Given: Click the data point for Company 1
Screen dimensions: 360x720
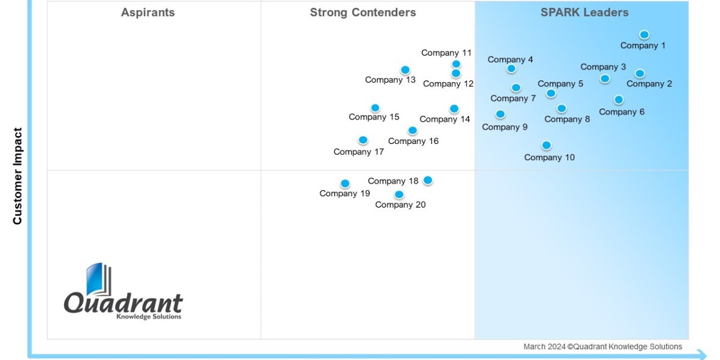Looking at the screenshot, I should pos(644,35).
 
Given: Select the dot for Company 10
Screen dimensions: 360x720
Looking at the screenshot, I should pos(546,145).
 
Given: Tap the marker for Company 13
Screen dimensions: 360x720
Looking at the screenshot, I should pos(405,70).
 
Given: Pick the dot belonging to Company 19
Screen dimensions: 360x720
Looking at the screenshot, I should pos(345,184).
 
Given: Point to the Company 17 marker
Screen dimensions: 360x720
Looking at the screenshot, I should pos(363,140).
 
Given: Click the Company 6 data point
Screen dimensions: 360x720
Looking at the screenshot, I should pos(619,100).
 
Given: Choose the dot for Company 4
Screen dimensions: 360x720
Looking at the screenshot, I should pos(511,69).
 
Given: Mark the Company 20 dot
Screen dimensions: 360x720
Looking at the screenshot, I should pos(399,194).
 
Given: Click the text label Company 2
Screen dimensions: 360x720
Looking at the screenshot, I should pos(649,84).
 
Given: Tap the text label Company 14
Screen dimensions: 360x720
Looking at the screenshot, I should pos(445,119).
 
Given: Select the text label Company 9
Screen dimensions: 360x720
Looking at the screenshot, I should pos(505,127).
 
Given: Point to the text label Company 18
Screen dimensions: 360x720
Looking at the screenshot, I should pos(393,181).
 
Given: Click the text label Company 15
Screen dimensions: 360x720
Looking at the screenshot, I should pos(374,117).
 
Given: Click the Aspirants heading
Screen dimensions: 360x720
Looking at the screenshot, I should pos(148,13).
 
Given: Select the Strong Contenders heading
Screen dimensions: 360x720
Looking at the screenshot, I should pos(362,13).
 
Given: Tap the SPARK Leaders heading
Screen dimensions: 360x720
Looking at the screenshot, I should pos(584,13).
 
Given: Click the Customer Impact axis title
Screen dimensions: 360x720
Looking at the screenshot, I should pos(17,176).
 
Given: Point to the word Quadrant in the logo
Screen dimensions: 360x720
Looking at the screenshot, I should pos(124,303).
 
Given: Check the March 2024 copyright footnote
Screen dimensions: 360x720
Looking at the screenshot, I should pos(602,347).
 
